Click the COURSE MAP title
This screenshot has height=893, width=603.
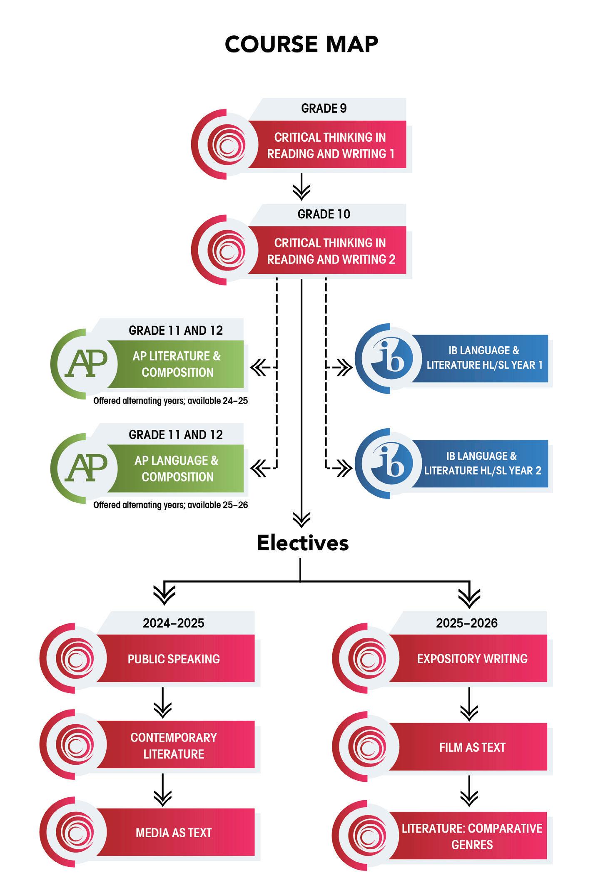point(301,44)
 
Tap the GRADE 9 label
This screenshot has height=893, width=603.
point(324,109)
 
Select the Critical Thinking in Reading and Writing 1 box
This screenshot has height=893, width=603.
point(330,145)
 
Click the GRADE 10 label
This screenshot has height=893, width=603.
point(324,214)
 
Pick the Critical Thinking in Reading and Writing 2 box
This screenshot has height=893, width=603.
point(331,251)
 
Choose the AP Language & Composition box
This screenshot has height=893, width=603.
point(177,469)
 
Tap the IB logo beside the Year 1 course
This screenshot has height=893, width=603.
point(387,358)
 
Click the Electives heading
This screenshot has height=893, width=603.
point(303,543)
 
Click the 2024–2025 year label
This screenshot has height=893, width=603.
point(174,623)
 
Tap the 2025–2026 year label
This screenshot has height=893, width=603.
point(467,623)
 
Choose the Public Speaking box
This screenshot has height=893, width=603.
point(174,659)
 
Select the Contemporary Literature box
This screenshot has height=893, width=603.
point(174,745)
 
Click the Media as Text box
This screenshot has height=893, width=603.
point(174,832)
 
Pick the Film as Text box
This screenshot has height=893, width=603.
point(472,747)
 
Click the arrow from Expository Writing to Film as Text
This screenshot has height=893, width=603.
point(469,705)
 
